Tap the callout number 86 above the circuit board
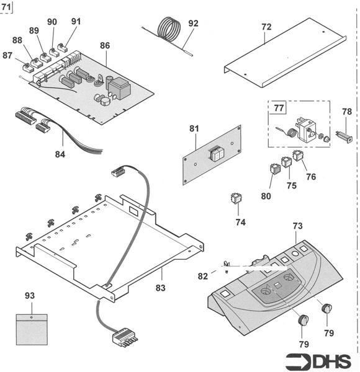tap(105, 46)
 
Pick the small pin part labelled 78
tap(346, 135)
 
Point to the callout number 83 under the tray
tap(161, 288)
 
